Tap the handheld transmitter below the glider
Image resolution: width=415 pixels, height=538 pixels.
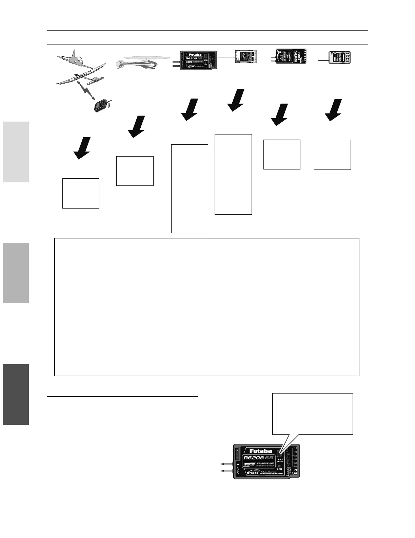click(x=102, y=105)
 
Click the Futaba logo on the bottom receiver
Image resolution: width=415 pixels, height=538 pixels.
click(x=260, y=451)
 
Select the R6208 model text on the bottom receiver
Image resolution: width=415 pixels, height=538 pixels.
click(x=255, y=458)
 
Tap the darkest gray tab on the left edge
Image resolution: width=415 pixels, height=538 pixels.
click(x=16, y=394)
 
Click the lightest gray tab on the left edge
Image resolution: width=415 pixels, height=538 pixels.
click(x=16, y=152)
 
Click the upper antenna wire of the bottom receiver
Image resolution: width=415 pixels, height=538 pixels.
click(x=227, y=463)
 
